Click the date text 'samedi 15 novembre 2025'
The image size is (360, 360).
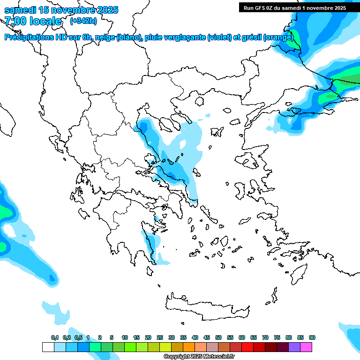click(x=61, y=10)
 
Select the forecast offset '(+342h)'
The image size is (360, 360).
click(x=83, y=21)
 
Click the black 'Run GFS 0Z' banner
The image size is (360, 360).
click(x=293, y=7)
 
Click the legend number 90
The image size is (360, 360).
click(x=312, y=337)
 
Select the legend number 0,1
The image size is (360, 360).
click(x=54, y=337)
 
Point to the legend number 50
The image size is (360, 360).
click(x=218, y=337)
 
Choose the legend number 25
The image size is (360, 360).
click(x=160, y=337)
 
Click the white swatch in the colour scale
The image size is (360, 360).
click(x=48, y=347)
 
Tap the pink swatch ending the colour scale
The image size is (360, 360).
click(x=306, y=347)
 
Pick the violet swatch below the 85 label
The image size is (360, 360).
click(x=294, y=347)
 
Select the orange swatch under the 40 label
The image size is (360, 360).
click(x=189, y=347)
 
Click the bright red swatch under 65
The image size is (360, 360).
click(x=247, y=347)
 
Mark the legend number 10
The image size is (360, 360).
click(x=125, y=337)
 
